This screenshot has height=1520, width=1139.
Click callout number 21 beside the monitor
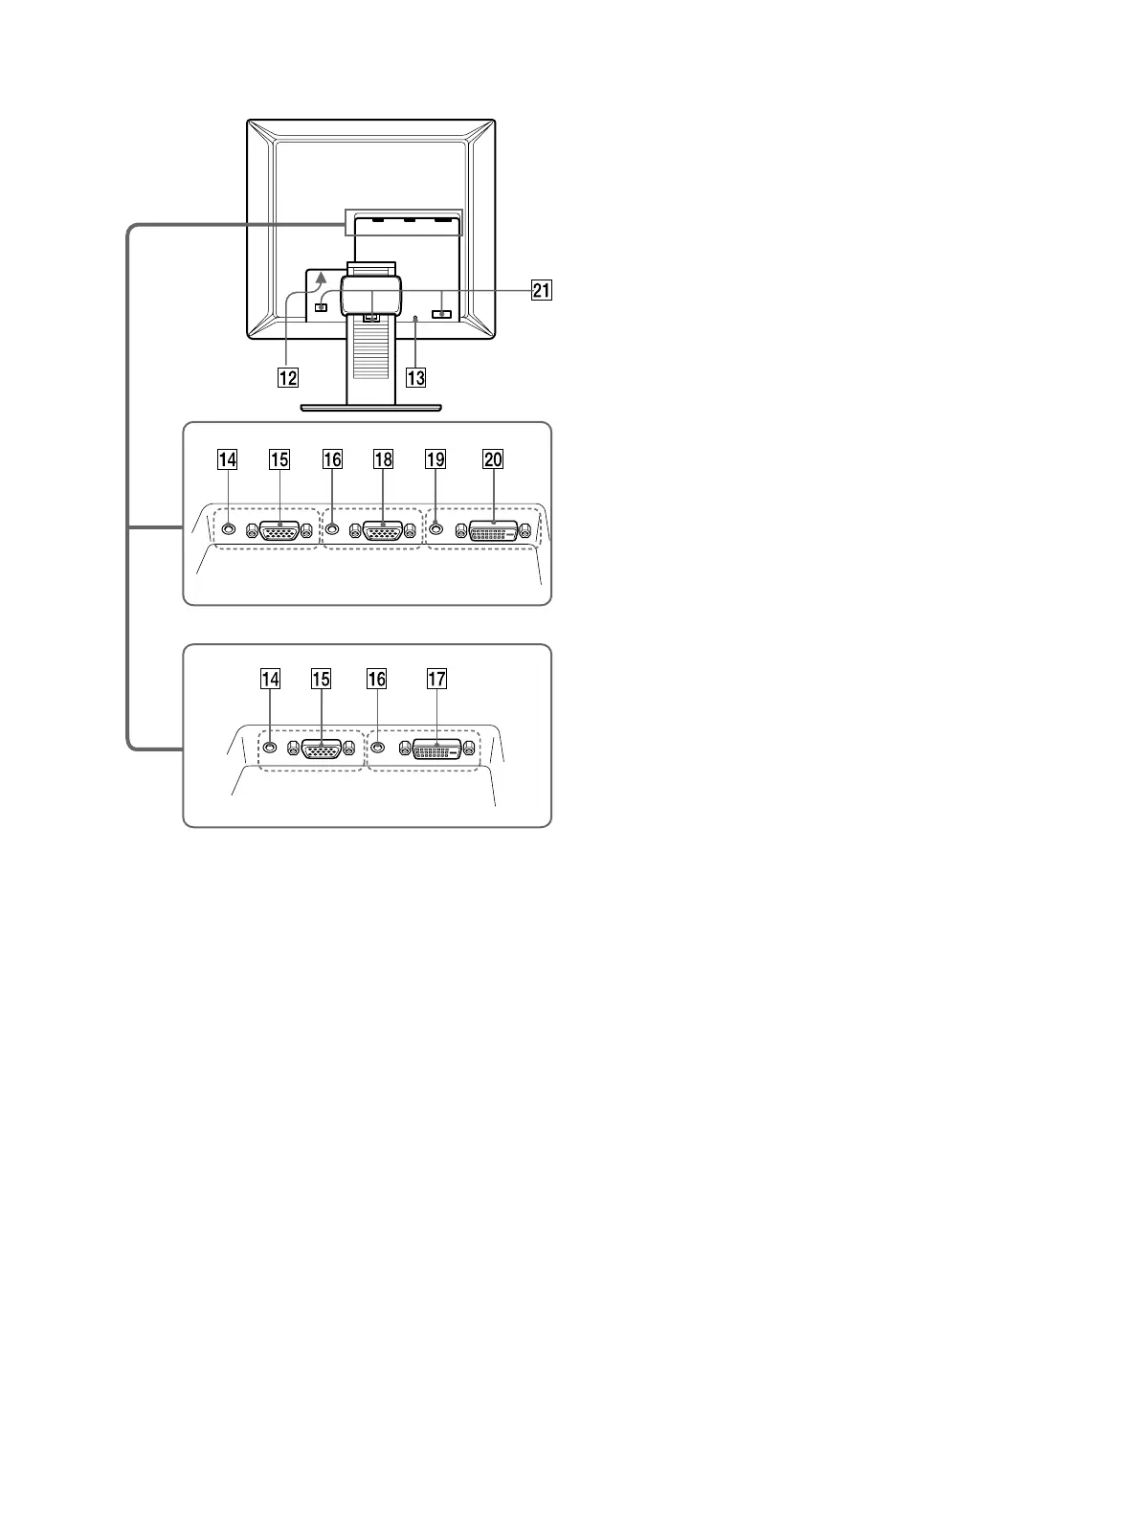542,290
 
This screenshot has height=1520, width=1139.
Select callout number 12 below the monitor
288,377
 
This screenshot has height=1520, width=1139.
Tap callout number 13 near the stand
415,377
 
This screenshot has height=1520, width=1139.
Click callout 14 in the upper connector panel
227,460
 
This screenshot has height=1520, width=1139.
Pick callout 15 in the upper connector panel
279,460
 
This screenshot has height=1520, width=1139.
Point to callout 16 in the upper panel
332,460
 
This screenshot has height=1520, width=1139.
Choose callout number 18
383,460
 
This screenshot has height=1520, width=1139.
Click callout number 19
435,460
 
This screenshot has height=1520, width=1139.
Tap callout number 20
493,460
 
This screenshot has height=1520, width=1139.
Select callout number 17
436,680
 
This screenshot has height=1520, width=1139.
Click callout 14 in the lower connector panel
271,680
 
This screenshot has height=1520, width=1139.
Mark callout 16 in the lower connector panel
377,680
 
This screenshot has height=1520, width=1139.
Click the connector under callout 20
492,531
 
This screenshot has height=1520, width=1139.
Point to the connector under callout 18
382,531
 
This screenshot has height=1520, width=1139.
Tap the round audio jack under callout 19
436,527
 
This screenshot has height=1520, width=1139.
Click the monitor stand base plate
370,408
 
